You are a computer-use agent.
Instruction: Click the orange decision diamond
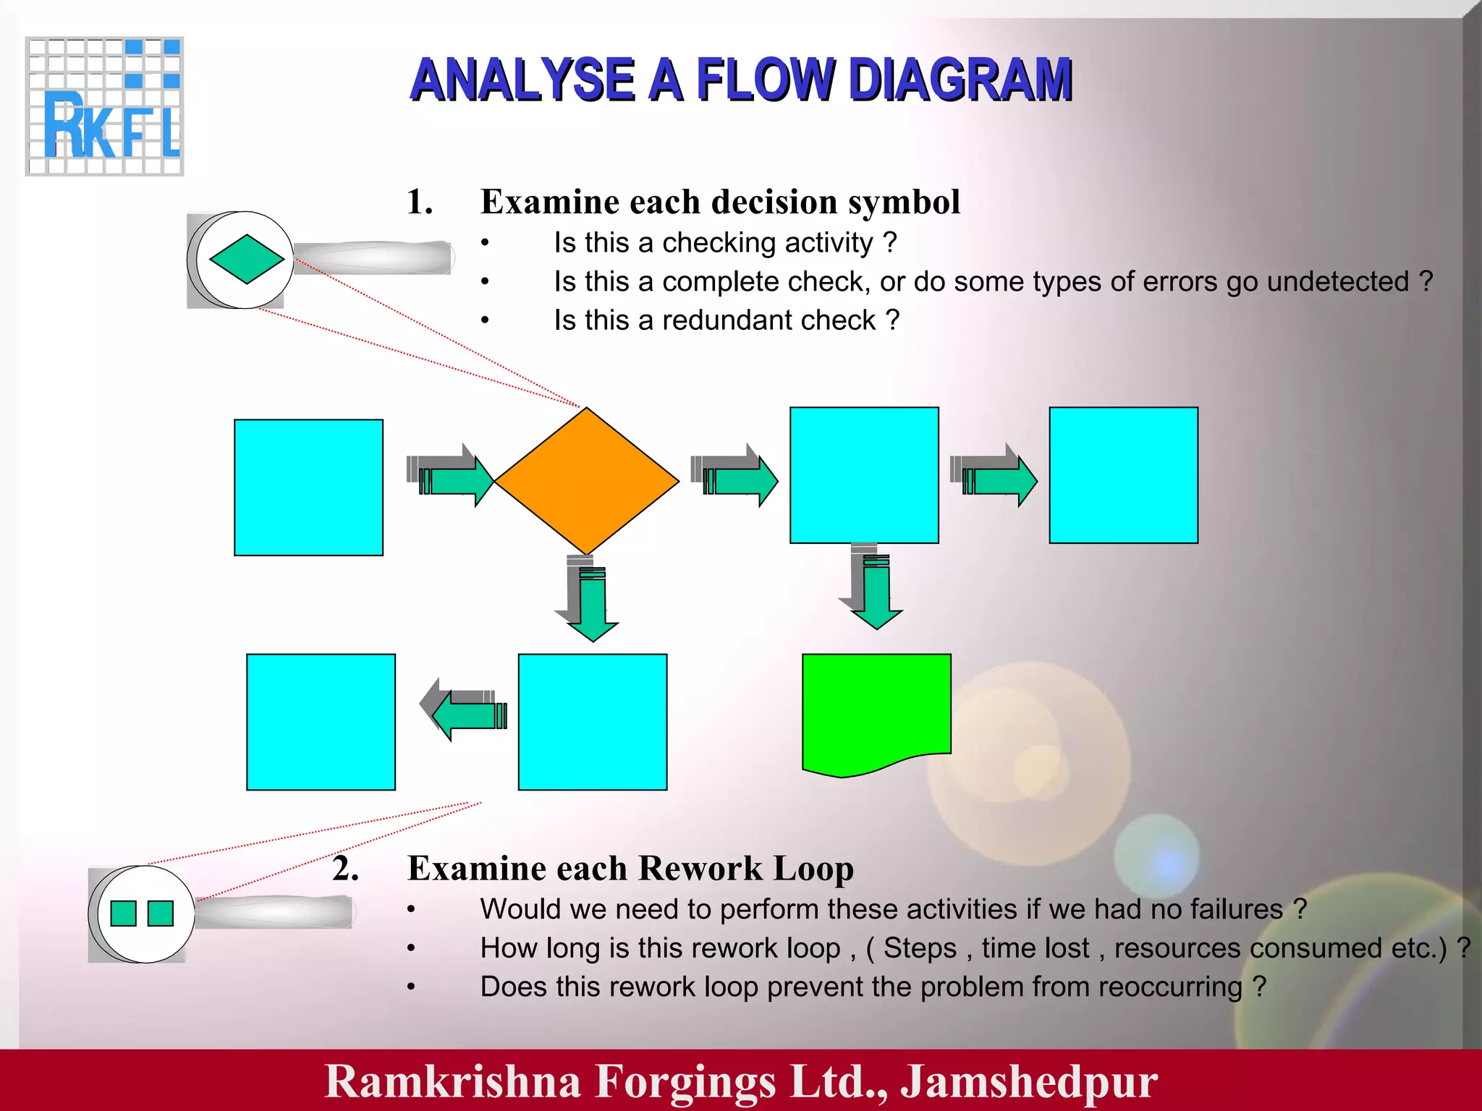pos(587,481)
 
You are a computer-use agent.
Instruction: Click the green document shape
pos(876,709)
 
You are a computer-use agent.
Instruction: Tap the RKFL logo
pos(105,106)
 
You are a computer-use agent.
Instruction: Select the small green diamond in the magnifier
pos(247,259)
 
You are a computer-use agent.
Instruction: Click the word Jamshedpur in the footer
pos(1028,1081)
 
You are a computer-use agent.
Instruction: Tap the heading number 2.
pos(346,868)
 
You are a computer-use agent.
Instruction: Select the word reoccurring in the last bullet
pos(1173,987)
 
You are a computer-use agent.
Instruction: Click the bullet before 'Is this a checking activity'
pos(486,244)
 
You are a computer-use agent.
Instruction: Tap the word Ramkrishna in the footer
pos(453,1081)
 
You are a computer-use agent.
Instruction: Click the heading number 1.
pos(419,202)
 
